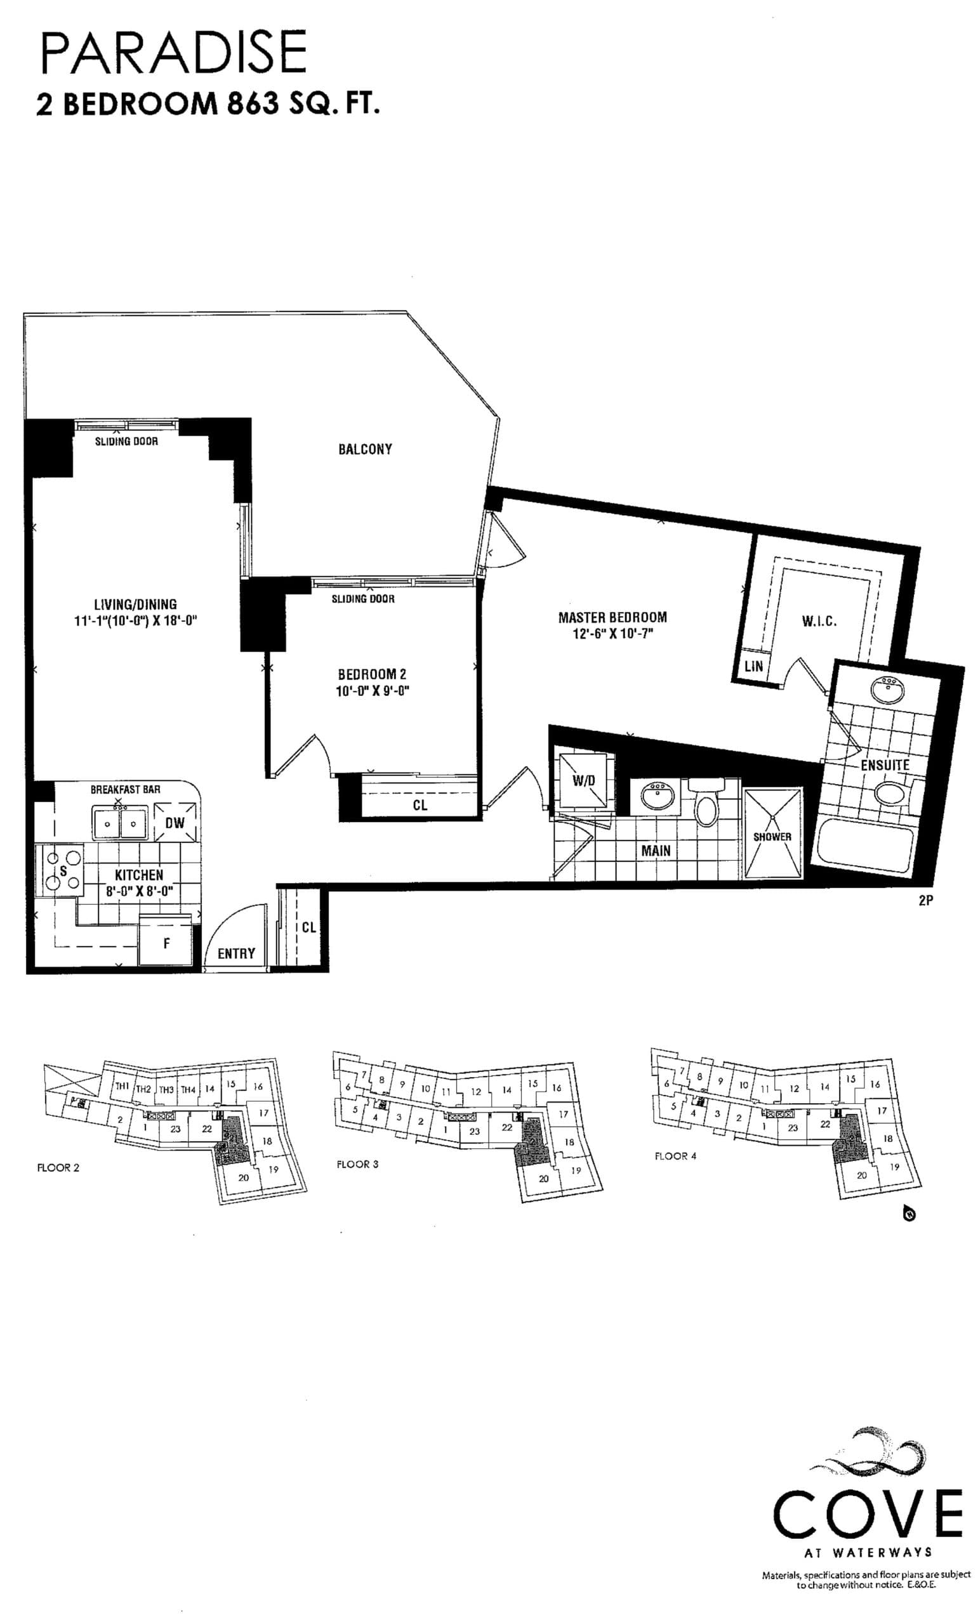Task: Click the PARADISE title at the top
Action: [173, 53]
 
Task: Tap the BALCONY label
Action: [365, 449]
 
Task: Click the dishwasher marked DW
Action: [175, 823]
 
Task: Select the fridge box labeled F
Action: [166, 943]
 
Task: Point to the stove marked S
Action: [63, 869]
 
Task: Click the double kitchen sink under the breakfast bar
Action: [119, 823]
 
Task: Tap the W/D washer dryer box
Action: [584, 781]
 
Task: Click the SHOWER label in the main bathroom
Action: [772, 836]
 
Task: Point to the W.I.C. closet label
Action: [819, 621]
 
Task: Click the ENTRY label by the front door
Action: [236, 953]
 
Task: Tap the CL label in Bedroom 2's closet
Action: [420, 805]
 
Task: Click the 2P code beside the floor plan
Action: [926, 900]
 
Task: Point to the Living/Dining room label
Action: [135, 604]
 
